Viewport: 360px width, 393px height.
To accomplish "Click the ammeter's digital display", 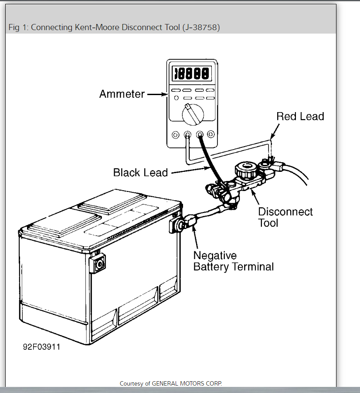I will (192, 73).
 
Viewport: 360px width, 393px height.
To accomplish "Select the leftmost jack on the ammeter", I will (176, 135).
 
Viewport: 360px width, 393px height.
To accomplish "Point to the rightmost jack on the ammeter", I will (211, 135).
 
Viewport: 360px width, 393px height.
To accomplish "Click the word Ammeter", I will (122, 94).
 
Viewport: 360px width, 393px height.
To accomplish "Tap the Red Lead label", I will (300, 116).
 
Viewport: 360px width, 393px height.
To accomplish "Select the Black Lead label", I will (140, 173).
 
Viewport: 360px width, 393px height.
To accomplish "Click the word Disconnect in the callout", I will (285, 212).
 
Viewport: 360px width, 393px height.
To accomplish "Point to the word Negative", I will (215, 256).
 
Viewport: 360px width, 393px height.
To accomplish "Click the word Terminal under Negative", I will (252, 267).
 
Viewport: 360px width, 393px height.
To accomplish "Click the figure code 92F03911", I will (42, 348).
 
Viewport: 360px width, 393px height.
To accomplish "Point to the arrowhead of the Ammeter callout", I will (165, 94).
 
